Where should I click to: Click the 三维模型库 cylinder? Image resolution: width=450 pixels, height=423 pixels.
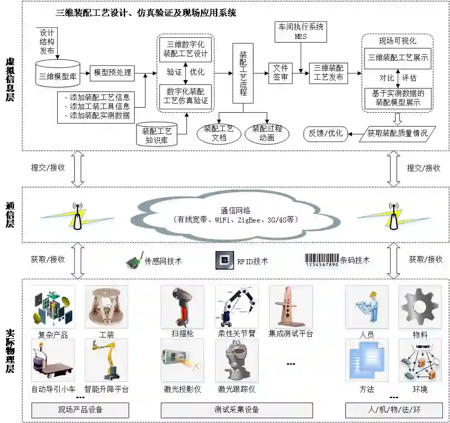(x=57, y=73)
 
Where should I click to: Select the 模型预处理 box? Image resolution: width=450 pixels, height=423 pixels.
(x=112, y=72)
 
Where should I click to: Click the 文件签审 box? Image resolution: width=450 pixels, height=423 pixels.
(x=281, y=73)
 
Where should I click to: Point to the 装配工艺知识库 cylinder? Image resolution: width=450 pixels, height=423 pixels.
(x=157, y=135)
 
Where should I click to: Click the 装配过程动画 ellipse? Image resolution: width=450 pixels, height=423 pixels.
(x=267, y=133)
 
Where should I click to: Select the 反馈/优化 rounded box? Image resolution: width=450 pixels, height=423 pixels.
(x=326, y=133)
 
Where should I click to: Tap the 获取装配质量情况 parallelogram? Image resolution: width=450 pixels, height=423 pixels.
(x=397, y=133)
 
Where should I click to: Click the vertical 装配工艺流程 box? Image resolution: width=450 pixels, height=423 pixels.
(x=243, y=73)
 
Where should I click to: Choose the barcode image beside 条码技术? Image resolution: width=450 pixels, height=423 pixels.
(x=322, y=260)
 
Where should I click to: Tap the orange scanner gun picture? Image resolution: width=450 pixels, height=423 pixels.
(x=182, y=307)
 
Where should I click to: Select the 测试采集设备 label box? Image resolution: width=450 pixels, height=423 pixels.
(x=236, y=410)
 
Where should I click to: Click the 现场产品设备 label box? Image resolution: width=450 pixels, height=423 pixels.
(x=80, y=410)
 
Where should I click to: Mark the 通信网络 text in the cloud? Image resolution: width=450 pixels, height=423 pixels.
(x=235, y=210)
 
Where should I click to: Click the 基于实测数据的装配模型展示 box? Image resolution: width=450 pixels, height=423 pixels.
(x=398, y=98)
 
